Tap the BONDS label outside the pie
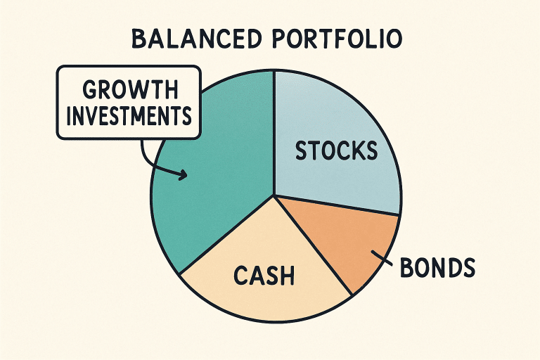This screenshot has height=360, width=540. [x=437, y=267]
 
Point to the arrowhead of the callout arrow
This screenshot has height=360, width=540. [x=184, y=175]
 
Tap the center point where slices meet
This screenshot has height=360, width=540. [x=274, y=195]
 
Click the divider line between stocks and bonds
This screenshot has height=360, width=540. [x=337, y=205]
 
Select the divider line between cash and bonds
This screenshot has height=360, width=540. [x=313, y=245]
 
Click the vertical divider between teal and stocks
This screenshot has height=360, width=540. [x=274, y=134]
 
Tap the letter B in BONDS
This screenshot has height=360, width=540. [x=406, y=267]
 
